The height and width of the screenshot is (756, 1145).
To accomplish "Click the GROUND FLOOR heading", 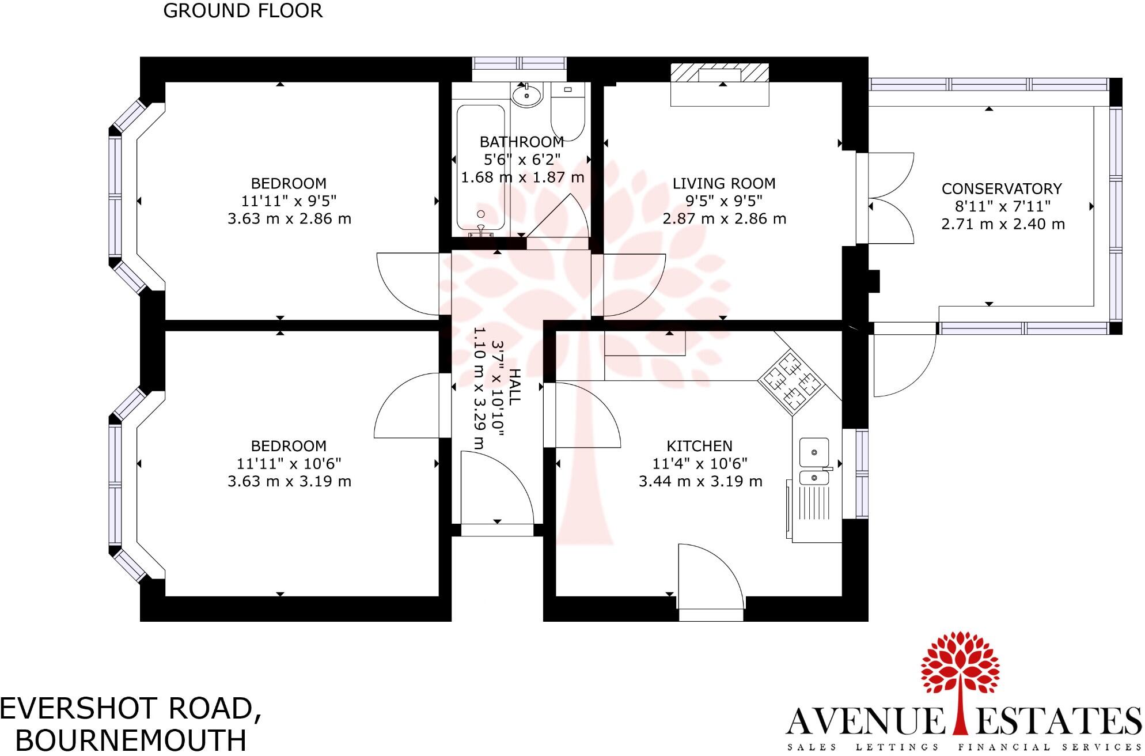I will pos(242,11).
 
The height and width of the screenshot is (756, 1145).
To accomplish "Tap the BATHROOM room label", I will pos(522,142).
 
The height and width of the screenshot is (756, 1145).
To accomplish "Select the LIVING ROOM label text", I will pos(724,184).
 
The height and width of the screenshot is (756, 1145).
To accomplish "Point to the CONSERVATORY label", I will pos(1002,189).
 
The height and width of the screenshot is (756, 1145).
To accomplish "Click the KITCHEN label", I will pos(699,446).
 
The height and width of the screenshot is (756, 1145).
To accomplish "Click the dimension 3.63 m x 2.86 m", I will pos(289,219).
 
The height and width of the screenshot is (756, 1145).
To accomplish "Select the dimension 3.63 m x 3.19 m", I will pos(289,481).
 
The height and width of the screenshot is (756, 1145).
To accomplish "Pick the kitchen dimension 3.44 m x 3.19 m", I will pos(700,481).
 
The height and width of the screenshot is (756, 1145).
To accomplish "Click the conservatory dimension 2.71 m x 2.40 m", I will pos(1003,224).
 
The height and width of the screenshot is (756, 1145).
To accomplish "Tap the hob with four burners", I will pos(791,380).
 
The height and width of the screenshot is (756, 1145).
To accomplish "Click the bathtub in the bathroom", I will pos(480,167).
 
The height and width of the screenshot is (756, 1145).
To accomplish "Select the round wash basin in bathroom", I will pos(526,96).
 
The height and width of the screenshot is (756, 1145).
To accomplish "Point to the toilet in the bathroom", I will pos(568,109).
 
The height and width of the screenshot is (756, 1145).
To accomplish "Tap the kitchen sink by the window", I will pos(814,461).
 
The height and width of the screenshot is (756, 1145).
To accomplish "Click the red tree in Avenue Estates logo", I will pos(959,668).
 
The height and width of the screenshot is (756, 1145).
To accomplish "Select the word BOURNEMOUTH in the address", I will pos(131,740).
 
